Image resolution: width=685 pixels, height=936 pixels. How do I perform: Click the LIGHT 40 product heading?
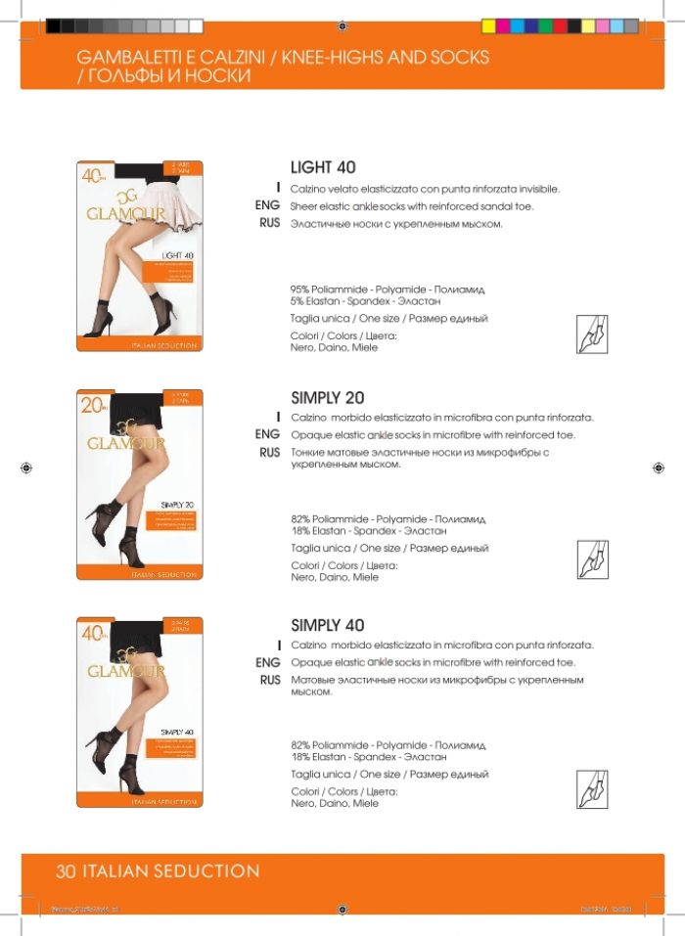point(323,167)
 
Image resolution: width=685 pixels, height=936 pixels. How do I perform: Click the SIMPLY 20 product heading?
point(327,397)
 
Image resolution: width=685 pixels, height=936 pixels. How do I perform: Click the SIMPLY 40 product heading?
point(327,624)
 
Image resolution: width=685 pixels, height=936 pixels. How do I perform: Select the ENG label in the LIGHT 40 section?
point(267,206)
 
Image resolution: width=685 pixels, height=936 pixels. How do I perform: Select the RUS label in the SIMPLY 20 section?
point(269,453)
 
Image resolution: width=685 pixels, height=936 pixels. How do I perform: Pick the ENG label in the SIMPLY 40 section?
point(267,663)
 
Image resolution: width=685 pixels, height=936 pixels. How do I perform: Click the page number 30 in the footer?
point(67,870)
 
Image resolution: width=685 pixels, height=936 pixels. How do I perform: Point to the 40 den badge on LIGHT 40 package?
point(95,176)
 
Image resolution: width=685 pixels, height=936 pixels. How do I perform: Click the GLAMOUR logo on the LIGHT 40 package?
point(127,213)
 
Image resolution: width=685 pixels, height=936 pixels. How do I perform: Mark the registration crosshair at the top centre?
point(342,26)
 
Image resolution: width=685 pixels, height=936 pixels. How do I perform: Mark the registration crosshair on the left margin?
point(26,468)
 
